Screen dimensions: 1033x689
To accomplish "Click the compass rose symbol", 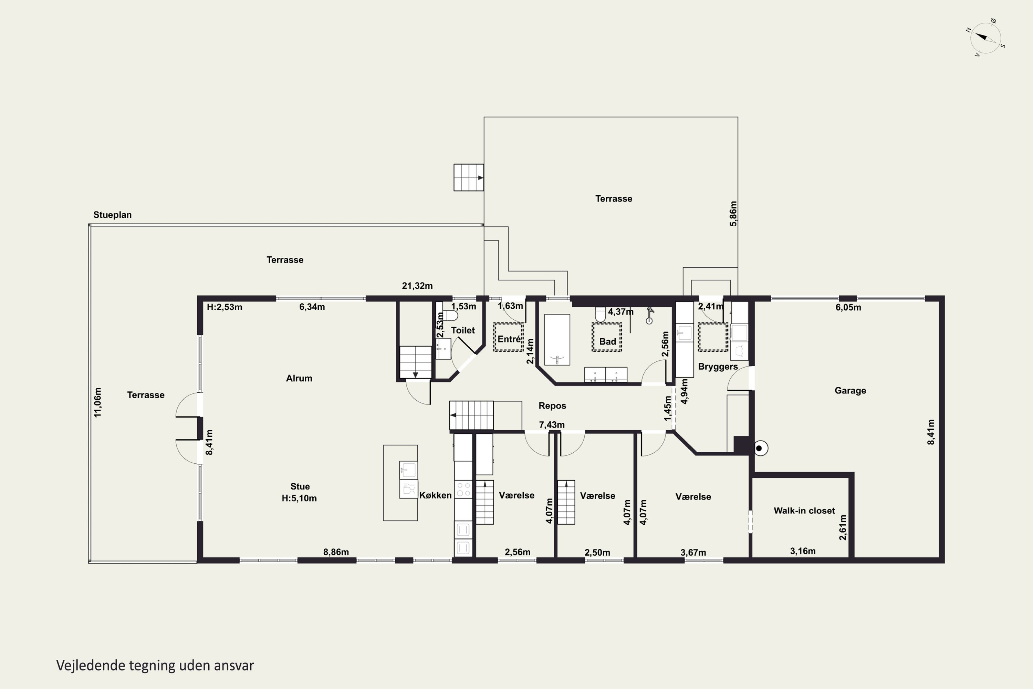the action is coord(987,38).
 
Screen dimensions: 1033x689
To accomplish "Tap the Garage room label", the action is coord(850,390).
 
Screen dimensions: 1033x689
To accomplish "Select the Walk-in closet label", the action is coord(804,511).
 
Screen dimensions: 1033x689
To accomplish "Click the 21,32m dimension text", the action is coord(417,286).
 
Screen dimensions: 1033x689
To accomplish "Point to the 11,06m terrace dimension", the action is coord(97,402).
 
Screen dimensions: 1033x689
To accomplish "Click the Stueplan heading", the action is coord(113,215).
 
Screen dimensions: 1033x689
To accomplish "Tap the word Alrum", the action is coord(299,378).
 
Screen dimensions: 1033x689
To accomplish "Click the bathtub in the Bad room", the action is coord(557,340).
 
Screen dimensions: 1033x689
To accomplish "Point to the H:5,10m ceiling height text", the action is coord(299,498).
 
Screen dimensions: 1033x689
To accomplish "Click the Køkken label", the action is coord(435,495).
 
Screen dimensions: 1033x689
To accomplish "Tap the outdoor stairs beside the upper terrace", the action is coord(469,177).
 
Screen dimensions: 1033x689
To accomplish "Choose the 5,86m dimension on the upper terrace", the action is coord(733,214).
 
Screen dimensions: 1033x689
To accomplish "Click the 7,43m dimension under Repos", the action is coord(552,425).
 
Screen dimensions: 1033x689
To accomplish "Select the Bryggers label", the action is coord(718,367).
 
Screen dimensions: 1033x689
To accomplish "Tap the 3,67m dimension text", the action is coord(693,552).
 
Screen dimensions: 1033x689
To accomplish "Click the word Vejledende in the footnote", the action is coord(91,665).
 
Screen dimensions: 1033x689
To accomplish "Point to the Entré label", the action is coord(509,339).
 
